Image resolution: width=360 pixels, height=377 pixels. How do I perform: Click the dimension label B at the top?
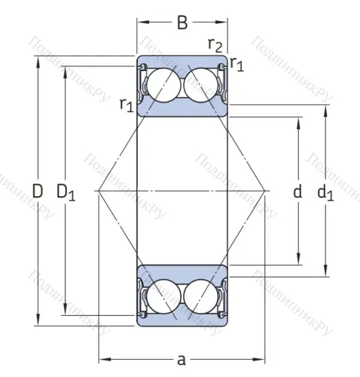(x=182, y=23)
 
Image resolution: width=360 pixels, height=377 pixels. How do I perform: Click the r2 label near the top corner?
(x=215, y=45)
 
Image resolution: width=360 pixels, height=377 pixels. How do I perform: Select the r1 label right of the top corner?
(x=237, y=64)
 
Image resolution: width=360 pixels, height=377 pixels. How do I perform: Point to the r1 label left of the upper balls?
(x=126, y=106)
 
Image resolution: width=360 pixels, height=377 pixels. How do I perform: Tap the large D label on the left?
(x=38, y=192)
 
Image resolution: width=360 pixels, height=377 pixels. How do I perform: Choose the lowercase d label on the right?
(x=297, y=192)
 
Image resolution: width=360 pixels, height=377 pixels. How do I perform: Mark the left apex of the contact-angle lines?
(x=99, y=191)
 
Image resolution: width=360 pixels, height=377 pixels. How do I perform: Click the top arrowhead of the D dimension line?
(x=38, y=60)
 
